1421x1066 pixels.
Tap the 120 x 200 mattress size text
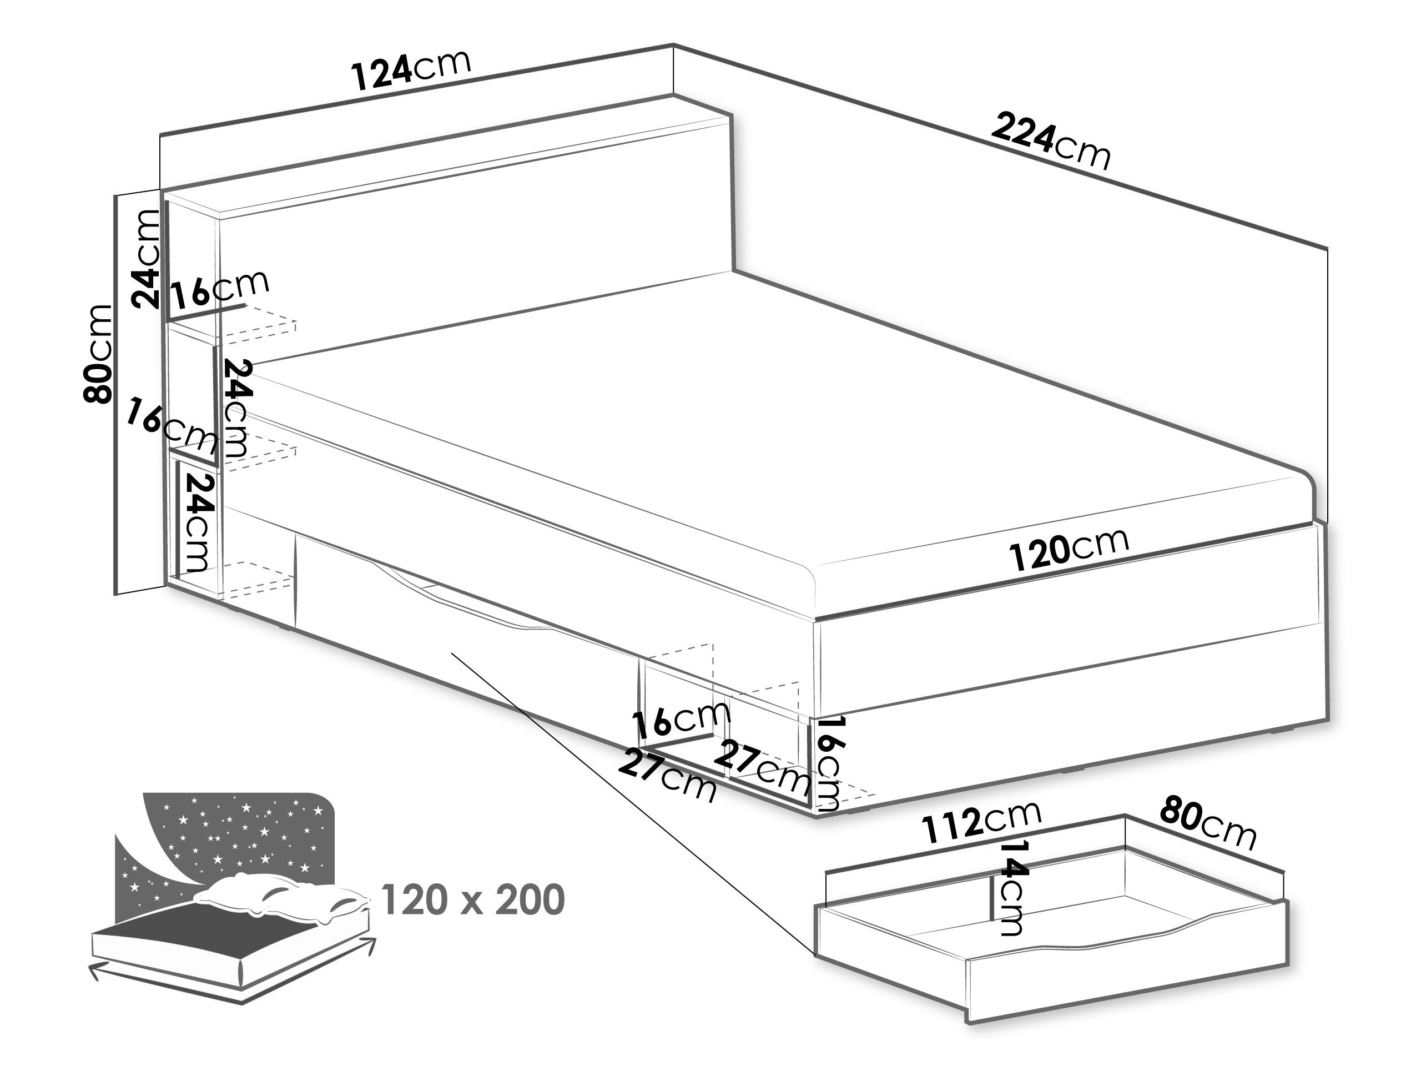point(473,899)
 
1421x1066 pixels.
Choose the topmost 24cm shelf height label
point(145,258)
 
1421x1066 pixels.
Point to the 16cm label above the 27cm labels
point(683,718)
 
